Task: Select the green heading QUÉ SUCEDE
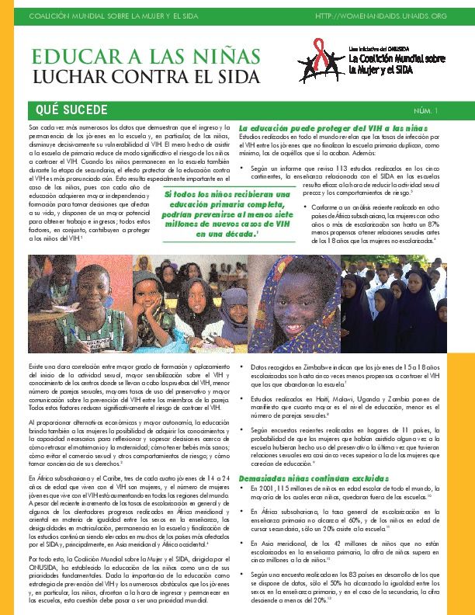click(x=67, y=110)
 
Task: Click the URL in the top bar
click(x=394, y=16)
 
